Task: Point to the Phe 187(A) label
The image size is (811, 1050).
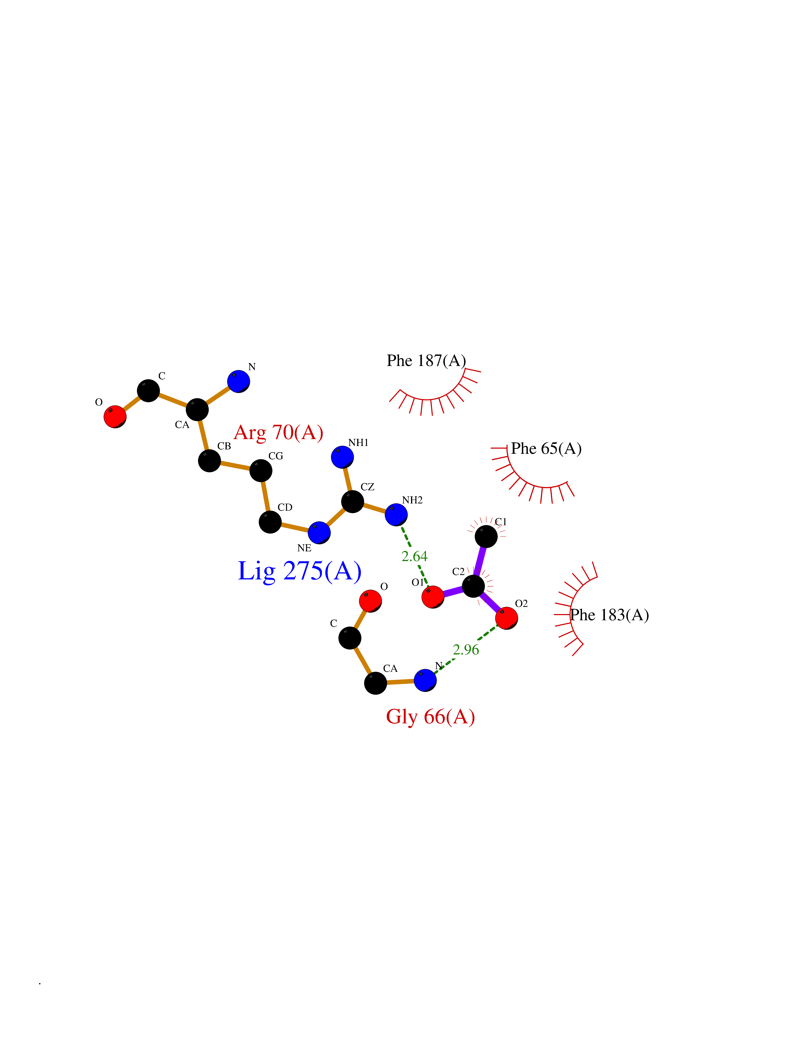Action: pyautogui.click(x=426, y=361)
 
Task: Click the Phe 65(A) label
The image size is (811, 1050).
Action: pyautogui.click(x=546, y=449)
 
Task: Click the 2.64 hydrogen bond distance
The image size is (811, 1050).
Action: pyautogui.click(x=414, y=556)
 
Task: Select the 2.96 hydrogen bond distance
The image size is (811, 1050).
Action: pyautogui.click(x=466, y=650)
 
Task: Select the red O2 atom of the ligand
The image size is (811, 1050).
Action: pyautogui.click(x=506, y=618)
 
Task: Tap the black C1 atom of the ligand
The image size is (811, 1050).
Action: pyautogui.click(x=486, y=536)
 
